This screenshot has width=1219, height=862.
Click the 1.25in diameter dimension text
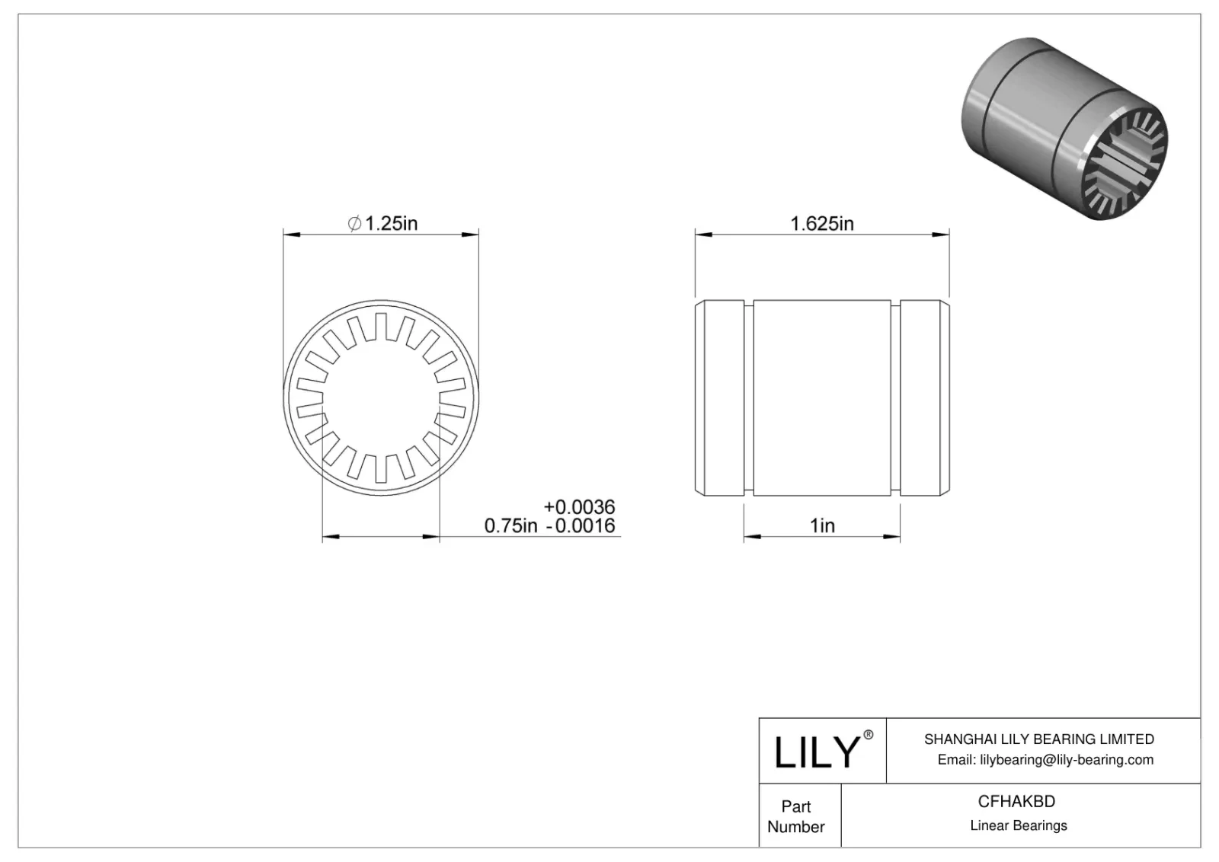pos(391,223)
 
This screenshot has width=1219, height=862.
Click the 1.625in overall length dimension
pos(822,223)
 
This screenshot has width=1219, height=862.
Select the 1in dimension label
pos(822,525)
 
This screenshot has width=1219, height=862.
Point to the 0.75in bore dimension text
pos(510,525)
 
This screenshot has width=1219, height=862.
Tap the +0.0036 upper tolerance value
pos(579,506)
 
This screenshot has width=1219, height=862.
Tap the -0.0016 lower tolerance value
pos(581,525)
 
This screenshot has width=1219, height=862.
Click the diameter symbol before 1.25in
pos(354,224)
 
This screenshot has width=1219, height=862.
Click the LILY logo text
pos(816,752)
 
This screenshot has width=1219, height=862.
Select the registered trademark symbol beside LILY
pos(868,736)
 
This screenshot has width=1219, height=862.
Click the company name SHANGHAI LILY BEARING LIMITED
pos(1038,739)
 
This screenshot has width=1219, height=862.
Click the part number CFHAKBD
pos(1016,801)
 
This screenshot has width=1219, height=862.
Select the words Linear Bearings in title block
pos(1018,825)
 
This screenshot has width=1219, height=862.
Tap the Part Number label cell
pos(796,816)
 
